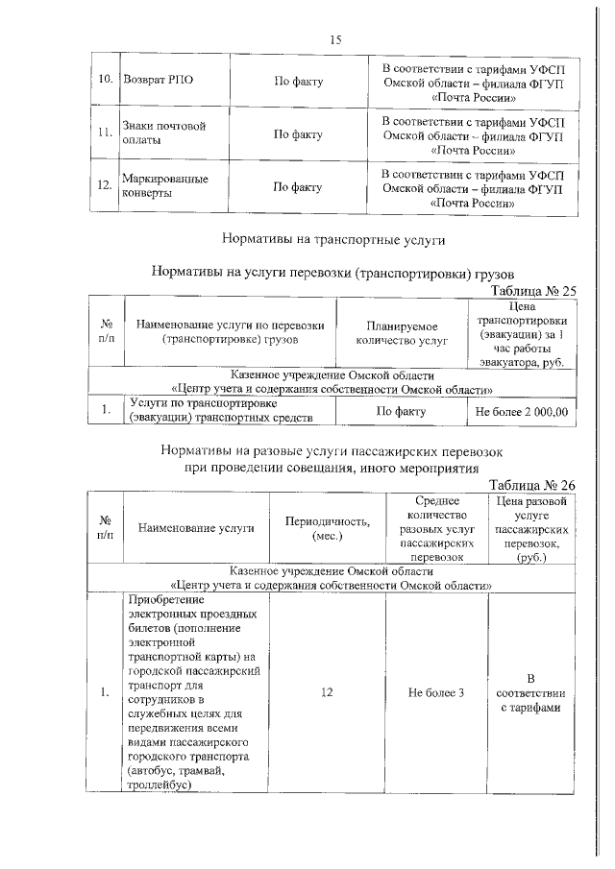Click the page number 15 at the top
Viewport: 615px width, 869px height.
tap(335, 39)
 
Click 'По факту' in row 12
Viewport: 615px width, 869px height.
tap(298, 186)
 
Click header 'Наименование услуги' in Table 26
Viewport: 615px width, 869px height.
tap(196, 527)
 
